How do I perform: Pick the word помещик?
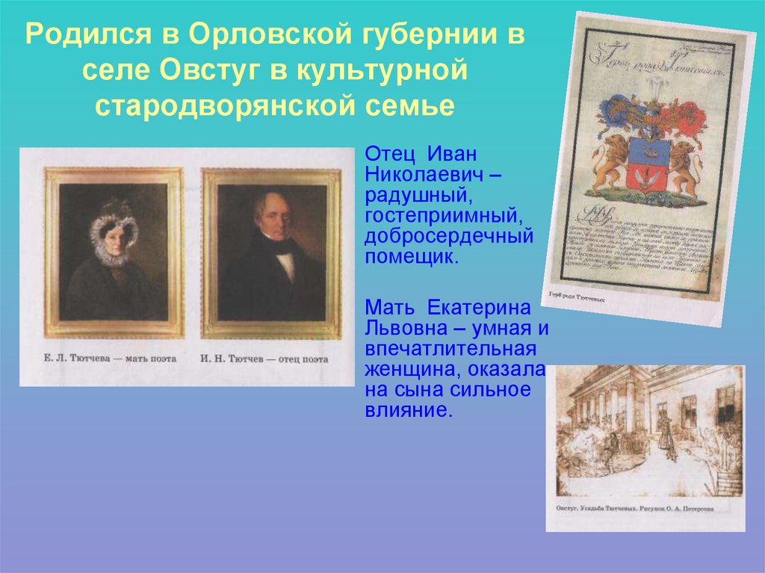[x=410, y=258]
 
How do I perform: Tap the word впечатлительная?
[x=450, y=350]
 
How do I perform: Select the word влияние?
[x=409, y=410]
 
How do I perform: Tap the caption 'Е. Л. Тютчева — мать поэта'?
[x=109, y=359]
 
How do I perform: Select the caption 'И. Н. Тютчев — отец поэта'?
[x=264, y=359]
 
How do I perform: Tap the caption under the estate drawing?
[x=634, y=509]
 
